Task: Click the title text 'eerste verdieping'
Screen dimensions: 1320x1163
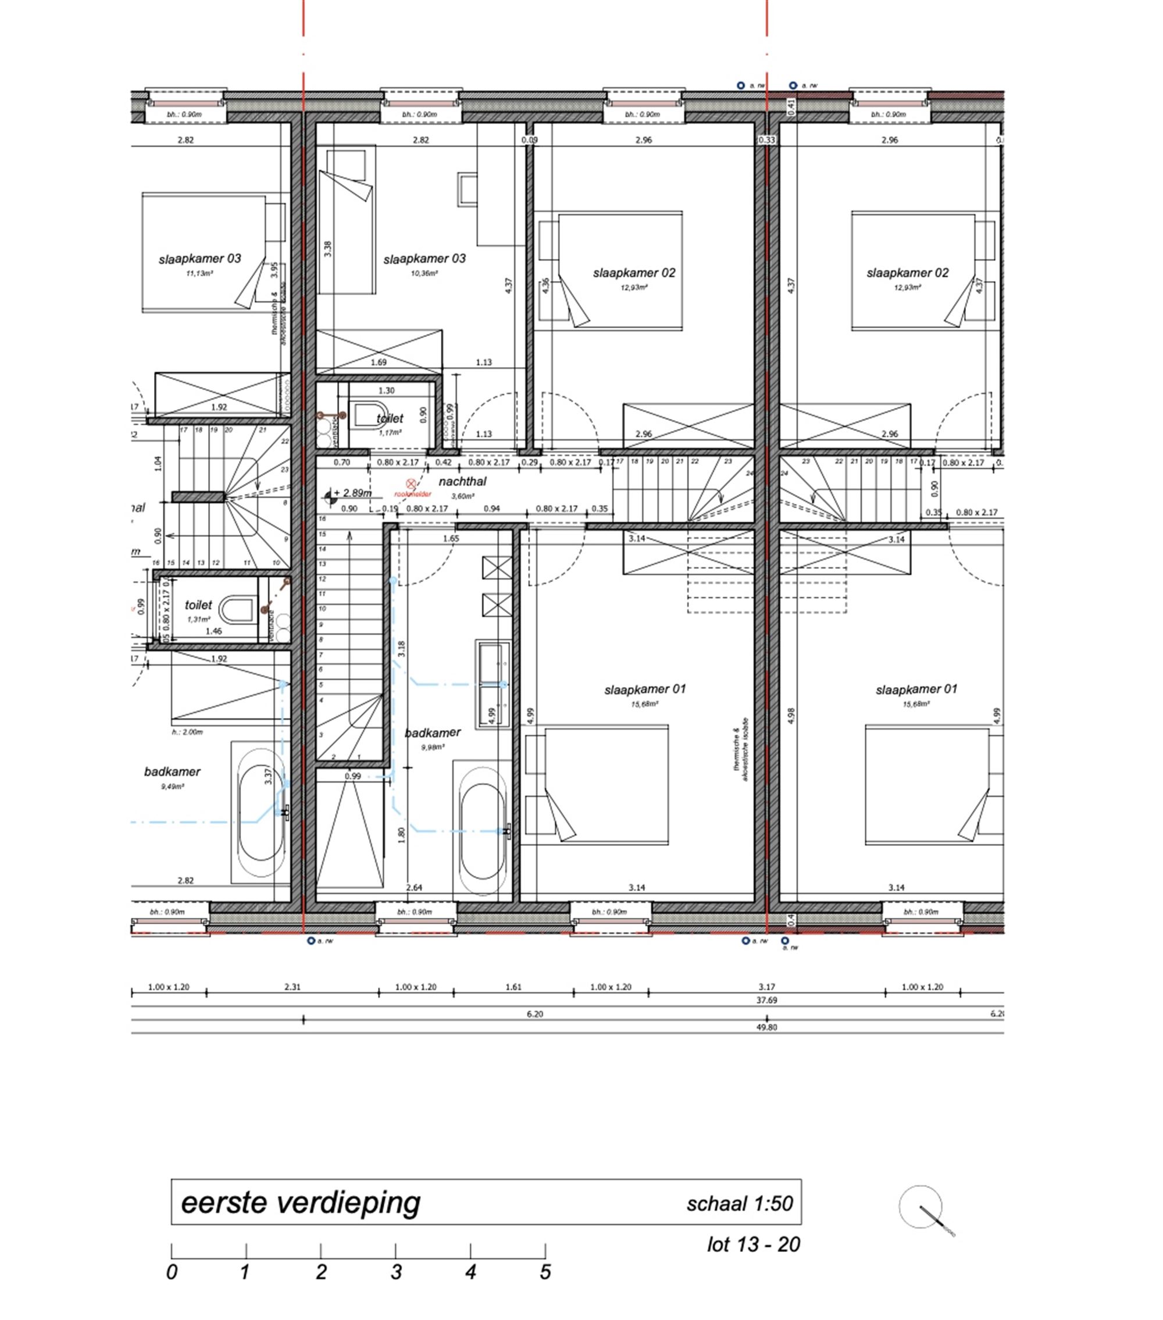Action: click(300, 1202)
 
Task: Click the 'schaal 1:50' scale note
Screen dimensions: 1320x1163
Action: click(739, 1204)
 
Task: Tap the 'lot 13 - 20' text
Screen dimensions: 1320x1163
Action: click(753, 1244)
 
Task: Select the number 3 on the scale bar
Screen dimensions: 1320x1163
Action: click(395, 1272)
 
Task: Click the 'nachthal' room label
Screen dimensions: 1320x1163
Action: click(462, 482)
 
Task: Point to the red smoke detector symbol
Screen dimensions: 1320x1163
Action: click(411, 483)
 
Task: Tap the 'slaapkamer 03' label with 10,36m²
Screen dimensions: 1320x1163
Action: click(424, 259)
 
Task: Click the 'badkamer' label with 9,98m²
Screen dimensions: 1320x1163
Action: click(433, 732)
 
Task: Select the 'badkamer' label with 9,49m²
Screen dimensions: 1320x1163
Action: click(172, 772)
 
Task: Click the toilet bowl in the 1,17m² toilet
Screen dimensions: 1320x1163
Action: click(369, 415)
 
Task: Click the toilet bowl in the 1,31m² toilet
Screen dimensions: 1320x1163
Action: click(236, 609)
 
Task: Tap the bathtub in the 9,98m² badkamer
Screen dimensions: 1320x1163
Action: click(482, 831)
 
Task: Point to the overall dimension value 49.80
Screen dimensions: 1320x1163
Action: click(766, 1027)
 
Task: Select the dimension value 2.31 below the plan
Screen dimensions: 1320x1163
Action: click(292, 987)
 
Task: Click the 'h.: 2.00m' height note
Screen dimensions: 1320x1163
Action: click(187, 732)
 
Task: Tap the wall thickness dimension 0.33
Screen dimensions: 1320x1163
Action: click(767, 140)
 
